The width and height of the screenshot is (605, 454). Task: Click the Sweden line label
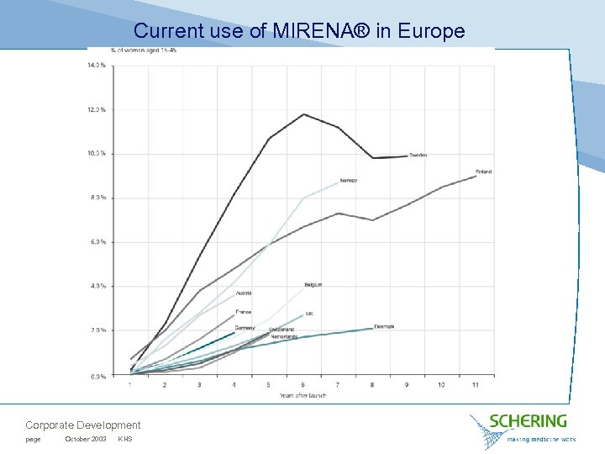click(418, 156)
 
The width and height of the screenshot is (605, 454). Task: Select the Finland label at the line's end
click(483, 172)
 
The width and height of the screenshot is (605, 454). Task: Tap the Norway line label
click(348, 181)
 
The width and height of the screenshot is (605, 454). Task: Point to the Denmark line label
click(384, 326)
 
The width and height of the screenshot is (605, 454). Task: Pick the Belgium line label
click(313, 285)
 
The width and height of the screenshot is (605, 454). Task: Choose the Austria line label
click(243, 293)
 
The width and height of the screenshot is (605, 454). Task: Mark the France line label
click(243, 312)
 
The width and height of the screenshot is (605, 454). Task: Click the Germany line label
click(245, 327)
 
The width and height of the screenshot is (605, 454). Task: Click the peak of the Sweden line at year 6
click(303, 114)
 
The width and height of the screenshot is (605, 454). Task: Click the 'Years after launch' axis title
click(302, 395)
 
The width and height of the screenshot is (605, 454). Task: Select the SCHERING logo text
click(529, 421)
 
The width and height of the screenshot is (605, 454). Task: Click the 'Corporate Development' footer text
click(82, 425)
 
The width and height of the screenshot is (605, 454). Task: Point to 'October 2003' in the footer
click(85, 440)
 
